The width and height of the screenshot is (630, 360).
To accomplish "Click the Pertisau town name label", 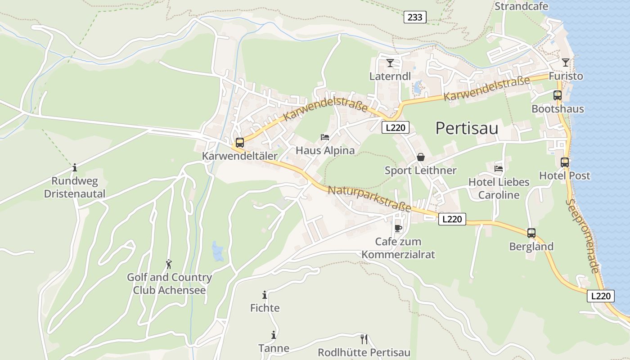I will [467, 129].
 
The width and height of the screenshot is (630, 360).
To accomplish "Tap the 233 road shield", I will [415, 17].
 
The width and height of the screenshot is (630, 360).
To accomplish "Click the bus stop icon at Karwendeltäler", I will [240, 143].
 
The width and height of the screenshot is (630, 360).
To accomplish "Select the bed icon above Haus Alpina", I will [324, 137].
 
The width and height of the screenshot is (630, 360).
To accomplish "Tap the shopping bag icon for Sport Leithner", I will [421, 157].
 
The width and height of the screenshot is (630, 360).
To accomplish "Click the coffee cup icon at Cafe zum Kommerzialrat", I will [398, 228].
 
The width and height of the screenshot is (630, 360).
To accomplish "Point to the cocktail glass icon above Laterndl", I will [390, 63].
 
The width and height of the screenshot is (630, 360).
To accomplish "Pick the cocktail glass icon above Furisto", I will [566, 63].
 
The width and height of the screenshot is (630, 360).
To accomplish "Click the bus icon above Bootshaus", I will [558, 95].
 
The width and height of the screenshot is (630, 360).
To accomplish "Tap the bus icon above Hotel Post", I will [565, 162].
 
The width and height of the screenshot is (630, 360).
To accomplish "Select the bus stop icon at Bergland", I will [531, 233].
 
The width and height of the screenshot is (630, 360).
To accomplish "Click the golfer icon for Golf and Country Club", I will [169, 264].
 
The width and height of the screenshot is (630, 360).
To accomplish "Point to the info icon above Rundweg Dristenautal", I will [75, 168].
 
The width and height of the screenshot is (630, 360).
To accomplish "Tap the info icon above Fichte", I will [265, 295].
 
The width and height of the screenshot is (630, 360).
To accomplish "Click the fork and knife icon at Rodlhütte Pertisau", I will [364, 339].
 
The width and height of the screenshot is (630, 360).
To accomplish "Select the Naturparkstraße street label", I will [369, 199].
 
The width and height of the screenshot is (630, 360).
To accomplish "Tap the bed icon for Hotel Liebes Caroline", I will [499, 169].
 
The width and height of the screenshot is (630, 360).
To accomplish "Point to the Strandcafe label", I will [521, 6].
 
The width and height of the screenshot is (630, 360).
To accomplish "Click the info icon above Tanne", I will [273, 335].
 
